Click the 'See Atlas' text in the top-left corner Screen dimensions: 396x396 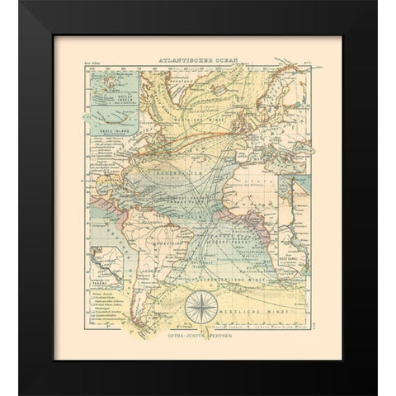click(91, 64)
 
